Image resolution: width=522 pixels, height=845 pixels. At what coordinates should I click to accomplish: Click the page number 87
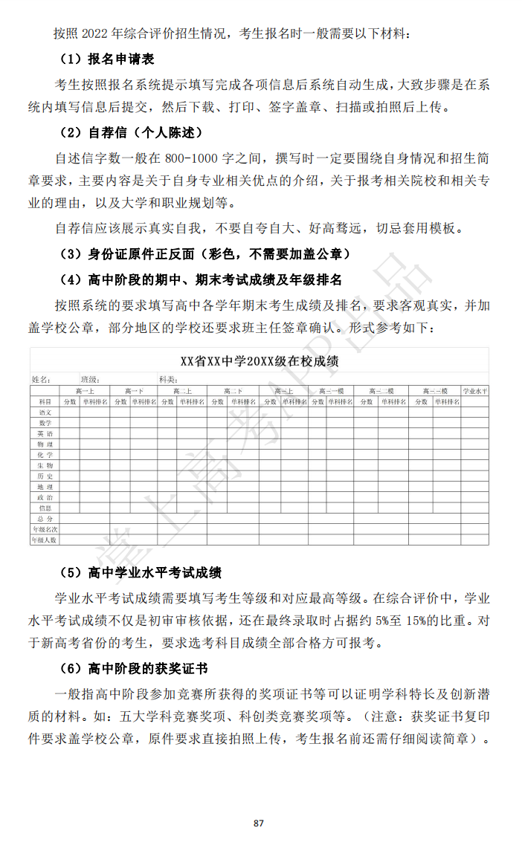(x=259, y=823)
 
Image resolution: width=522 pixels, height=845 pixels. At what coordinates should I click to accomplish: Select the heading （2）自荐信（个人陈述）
(x=130, y=133)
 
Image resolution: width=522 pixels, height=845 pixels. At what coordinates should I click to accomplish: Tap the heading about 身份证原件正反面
(x=204, y=254)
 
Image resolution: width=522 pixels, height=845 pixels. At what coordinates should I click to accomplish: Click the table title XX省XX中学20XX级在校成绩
(x=260, y=362)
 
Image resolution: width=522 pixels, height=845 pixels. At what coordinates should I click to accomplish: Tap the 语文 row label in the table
(x=45, y=412)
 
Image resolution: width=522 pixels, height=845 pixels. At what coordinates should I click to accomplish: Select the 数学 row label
(x=45, y=422)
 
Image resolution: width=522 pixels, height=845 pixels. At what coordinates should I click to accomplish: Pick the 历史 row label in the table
(x=45, y=476)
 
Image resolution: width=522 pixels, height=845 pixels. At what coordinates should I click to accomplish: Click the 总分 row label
(x=45, y=518)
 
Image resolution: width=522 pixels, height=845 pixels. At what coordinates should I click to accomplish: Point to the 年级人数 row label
(x=45, y=540)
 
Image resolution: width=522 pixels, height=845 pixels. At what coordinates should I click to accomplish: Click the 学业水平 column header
(x=474, y=391)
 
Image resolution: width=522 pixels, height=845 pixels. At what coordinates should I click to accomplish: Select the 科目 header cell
(x=45, y=401)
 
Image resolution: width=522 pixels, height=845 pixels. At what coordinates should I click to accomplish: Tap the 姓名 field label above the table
(x=41, y=379)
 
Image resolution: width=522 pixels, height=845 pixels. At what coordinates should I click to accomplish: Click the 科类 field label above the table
(x=167, y=379)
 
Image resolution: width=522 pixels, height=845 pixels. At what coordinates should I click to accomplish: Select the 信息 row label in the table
(x=45, y=508)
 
